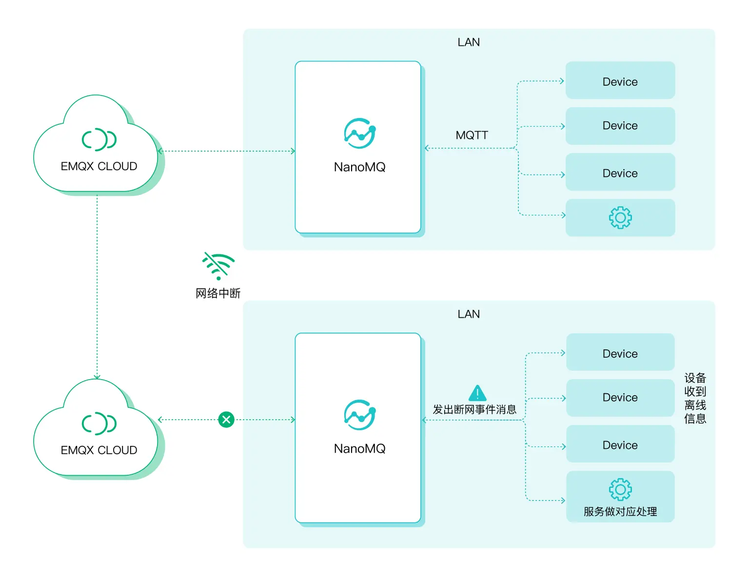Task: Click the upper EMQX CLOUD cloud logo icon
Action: pyautogui.click(x=99, y=140)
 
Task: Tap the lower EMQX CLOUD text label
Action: pyautogui.click(x=99, y=450)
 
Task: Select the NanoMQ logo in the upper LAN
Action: pyautogui.click(x=360, y=133)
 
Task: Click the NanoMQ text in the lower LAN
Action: pyautogui.click(x=360, y=448)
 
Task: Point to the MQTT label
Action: pyautogui.click(x=472, y=135)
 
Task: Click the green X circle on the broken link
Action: pyautogui.click(x=226, y=420)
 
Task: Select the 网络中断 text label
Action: pyautogui.click(x=218, y=293)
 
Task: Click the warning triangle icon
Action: pyautogui.click(x=477, y=393)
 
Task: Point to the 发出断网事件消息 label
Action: pyautogui.click(x=474, y=409)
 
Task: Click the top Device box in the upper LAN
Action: pyautogui.click(x=620, y=81)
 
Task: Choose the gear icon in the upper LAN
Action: pyautogui.click(x=620, y=217)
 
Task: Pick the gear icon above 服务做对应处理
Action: pyautogui.click(x=620, y=489)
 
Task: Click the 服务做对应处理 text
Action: pyautogui.click(x=620, y=512)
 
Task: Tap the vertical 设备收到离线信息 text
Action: pyautogui.click(x=695, y=398)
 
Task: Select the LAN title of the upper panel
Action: pyautogui.click(x=469, y=42)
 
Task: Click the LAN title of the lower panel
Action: pyautogui.click(x=469, y=314)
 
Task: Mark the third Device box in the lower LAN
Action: pyautogui.click(x=620, y=444)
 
